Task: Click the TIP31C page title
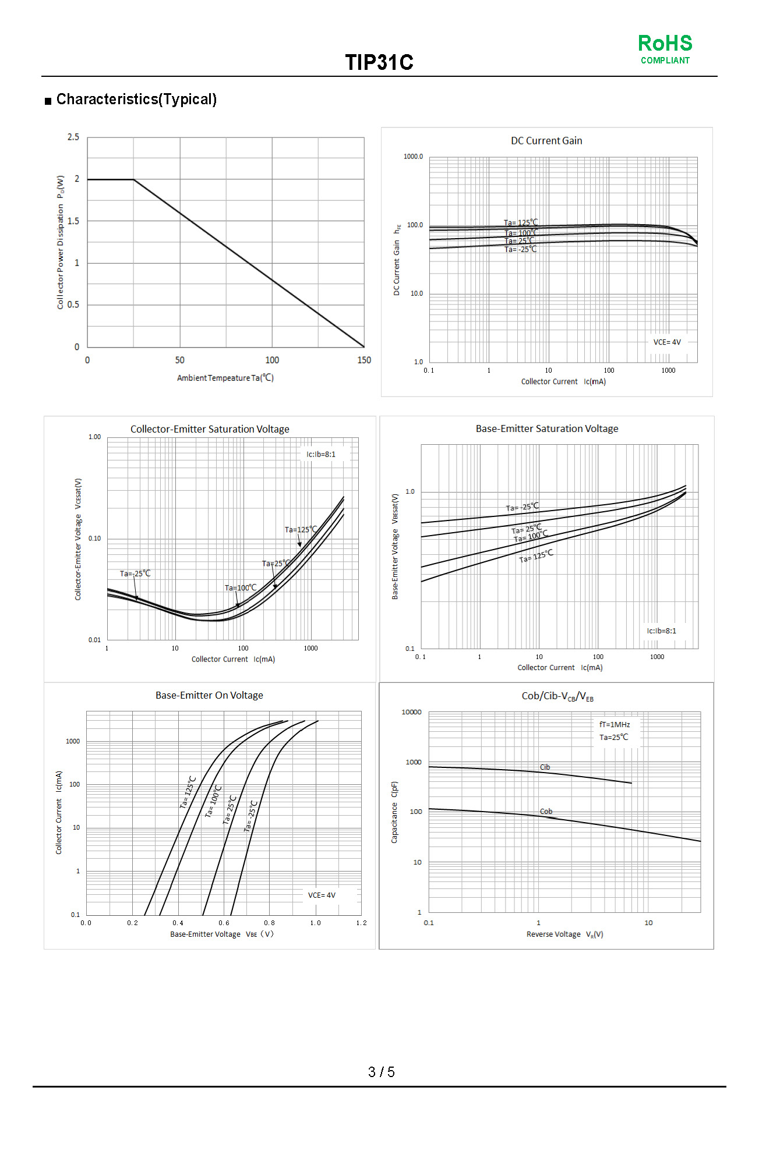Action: click(x=379, y=62)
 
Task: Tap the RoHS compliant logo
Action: click(x=665, y=49)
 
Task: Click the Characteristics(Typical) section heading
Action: click(x=136, y=100)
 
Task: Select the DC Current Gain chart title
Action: click(x=546, y=141)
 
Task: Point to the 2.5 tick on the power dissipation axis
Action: click(x=73, y=137)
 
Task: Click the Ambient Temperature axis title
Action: click(x=225, y=378)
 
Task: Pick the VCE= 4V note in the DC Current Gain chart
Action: click(x=666, y=342)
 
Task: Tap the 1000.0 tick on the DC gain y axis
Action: click(x=413, y=157)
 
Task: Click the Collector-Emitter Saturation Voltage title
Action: click(x=210, y=429)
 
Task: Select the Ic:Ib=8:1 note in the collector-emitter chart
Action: click(x=321, y=454)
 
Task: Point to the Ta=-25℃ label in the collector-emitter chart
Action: click(x=135, y=573)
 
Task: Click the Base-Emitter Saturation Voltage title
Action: click(x=546, y=428)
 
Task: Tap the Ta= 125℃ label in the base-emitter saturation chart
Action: click(x=536, y=557)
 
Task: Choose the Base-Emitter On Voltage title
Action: click(x=209, y=695)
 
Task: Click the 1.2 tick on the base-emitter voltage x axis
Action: click(x=361, y=923)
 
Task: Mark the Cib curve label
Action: click(x=545, y=767)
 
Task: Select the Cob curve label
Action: click(x=546, y=811)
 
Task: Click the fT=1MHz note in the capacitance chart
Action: click(x=615, y=725)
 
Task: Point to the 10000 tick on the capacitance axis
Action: click(x=411, y=712)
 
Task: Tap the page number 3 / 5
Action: click(x=381, y=1072)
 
